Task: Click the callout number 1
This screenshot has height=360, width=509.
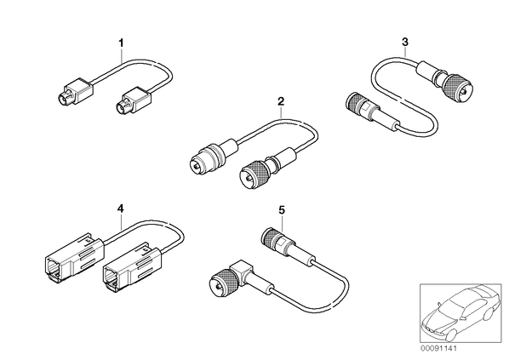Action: [x=121, y=43]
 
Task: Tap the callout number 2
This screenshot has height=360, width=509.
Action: [x=281, y=101]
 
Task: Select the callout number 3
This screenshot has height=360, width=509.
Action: [x=405, y=42]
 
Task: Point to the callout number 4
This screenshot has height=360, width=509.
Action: [x=120, y=209]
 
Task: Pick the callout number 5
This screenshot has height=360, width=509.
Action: [x=282, y=210]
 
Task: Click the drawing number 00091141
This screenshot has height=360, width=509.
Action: [x=438, y=349]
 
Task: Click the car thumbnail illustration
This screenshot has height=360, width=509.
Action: [x=460, y=313]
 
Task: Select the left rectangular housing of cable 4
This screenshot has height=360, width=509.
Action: [x=74, y=256]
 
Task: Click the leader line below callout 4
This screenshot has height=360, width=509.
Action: [x=121, y=223]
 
